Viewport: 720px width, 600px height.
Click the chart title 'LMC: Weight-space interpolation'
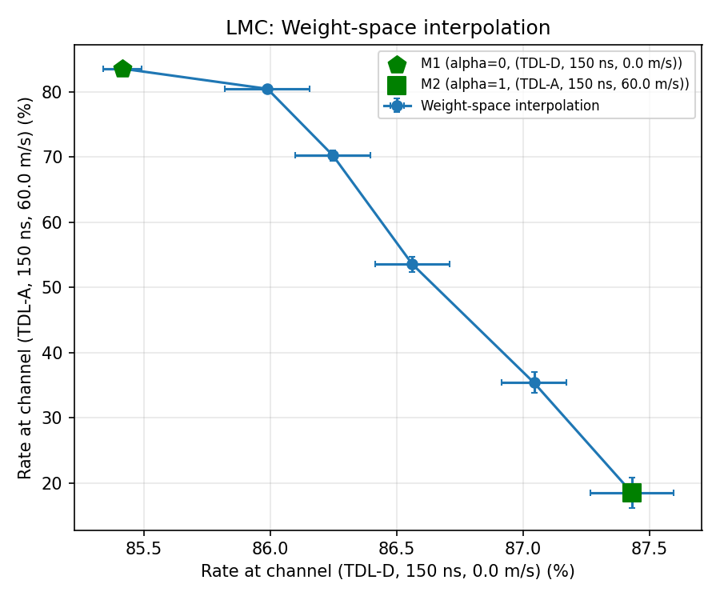(x=388, y=28)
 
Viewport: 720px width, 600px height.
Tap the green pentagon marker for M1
(x=122, y=69)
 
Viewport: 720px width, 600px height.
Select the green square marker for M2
(x=632, y=493)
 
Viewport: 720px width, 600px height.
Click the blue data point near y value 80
(x=267, y=89)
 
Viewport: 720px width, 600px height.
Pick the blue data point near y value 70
(x=333, y=155)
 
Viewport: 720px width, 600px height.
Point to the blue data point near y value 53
(x=412, y=264)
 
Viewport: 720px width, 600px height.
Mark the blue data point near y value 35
(x=534, y=382)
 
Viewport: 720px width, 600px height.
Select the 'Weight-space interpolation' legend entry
(x=510, y=106)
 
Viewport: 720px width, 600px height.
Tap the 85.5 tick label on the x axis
(x=144, y=549)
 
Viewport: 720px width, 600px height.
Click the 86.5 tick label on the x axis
(x=396, y=549)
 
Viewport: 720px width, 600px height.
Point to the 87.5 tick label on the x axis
(x=649, y=549)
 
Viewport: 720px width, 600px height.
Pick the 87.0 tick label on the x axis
(x=522, y=549)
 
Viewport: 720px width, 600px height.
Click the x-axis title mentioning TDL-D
(x=388, y=572)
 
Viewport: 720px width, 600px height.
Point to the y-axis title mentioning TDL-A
(x=26, y=288)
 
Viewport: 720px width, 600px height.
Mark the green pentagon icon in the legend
(x=397, y=64)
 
